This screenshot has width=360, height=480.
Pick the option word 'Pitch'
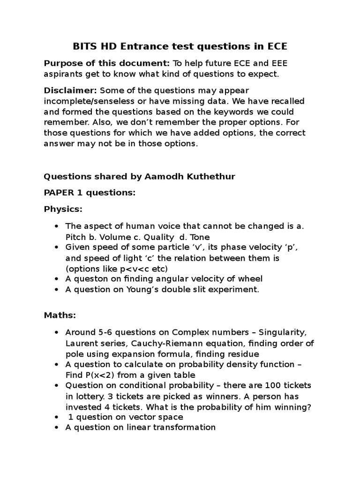coord(75,237)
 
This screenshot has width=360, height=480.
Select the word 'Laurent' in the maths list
coord(81,343)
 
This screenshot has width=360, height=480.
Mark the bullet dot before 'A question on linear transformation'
coord(57,427)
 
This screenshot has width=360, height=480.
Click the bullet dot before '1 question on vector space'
coord(57,417)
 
